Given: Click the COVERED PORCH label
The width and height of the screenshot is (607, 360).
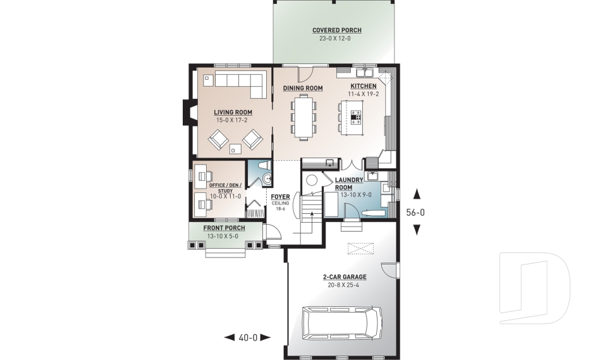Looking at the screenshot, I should tap(337, 30).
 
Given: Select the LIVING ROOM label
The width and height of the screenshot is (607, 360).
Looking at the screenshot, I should tap(233, 113).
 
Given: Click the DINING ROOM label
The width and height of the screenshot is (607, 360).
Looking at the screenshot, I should tap(303, 88).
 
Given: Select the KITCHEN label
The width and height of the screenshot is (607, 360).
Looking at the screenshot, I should tap(364, 86).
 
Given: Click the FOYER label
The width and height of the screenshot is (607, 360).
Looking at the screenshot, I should tap(280, 197).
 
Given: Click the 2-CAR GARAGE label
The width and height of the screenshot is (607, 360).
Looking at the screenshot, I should tap(345, 277).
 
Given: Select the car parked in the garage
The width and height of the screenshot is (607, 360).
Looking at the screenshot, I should tap(341, 323).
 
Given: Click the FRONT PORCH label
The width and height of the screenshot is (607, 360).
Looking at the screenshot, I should tap(224, 228).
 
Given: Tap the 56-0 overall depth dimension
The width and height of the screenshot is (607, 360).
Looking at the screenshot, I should tap(415, 213).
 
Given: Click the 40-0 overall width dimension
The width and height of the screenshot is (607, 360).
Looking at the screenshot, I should tap(247, 338).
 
